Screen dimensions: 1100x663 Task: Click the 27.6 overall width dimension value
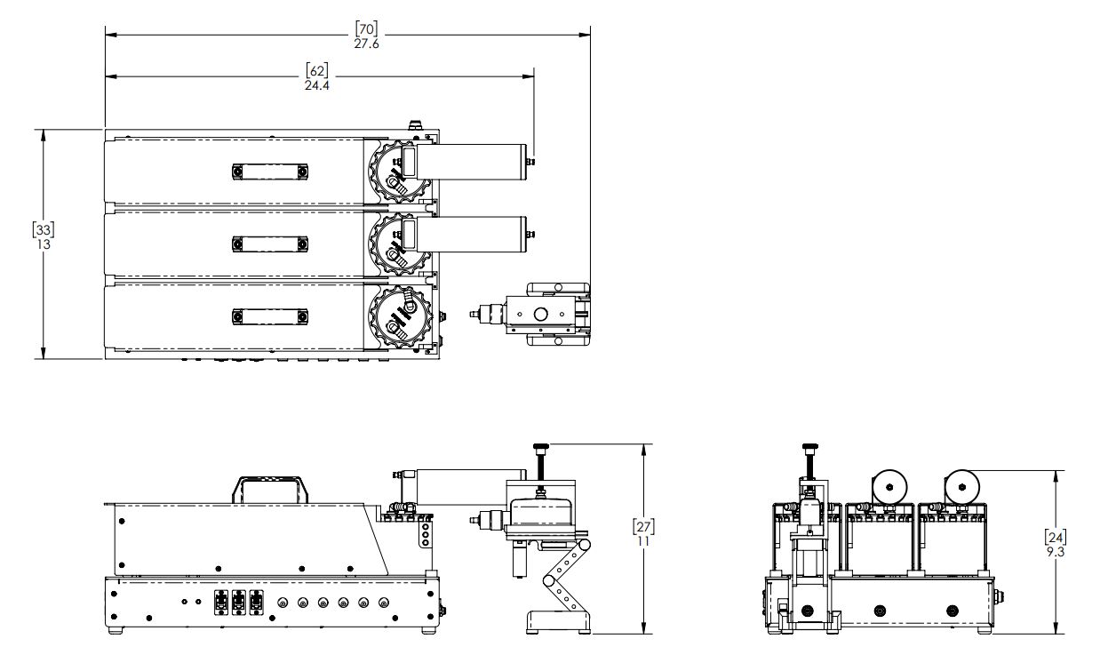pos(366,44)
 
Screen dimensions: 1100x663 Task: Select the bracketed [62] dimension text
pos(316,70)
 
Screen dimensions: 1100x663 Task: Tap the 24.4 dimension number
pos(316,85)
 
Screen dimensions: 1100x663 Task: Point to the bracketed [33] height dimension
pos(44,229)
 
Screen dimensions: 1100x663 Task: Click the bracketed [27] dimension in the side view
pos(643,526)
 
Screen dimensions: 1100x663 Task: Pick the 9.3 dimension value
pos(1056,552)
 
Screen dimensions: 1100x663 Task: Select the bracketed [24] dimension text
pos(1056,538)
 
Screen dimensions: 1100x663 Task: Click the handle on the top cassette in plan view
pos(270,172)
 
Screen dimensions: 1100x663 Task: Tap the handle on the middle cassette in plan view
pos(270,244)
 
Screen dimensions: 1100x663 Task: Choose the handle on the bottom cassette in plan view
pos(270,316)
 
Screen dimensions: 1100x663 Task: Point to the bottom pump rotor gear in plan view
pos(400,316)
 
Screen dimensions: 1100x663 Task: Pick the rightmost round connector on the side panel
pos(383,603)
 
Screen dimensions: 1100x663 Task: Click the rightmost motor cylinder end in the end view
pos(962,487)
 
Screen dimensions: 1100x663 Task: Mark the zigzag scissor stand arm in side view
pos(566,576)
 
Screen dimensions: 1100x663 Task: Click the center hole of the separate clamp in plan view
pos(540,314)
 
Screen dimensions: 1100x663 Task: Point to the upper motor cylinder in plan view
pos(472,162)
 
